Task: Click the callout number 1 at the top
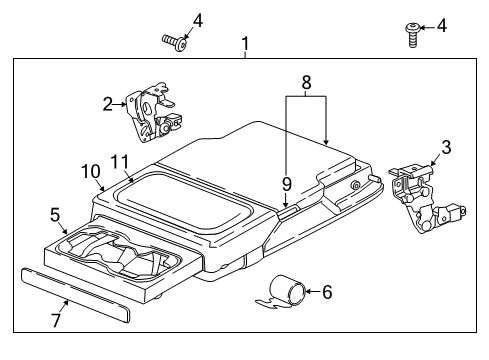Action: [x=245, y=44]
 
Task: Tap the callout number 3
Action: [x=446, y=147]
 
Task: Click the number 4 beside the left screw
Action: [x=197, y=19]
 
